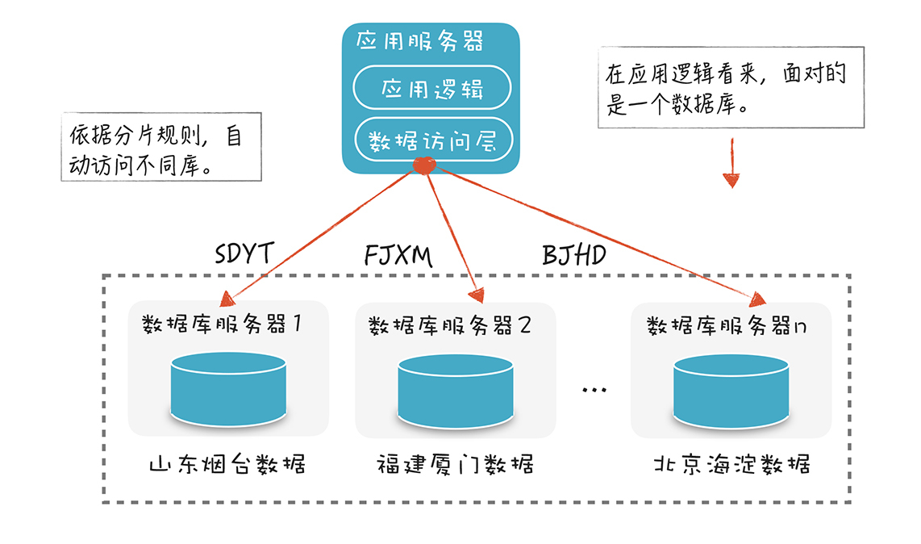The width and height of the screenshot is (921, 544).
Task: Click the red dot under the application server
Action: [424, 166]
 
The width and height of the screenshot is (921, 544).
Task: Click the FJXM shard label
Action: [398, 256]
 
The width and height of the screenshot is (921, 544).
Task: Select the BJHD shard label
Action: [574, 256]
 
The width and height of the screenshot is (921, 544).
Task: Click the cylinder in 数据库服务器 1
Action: [228, 387]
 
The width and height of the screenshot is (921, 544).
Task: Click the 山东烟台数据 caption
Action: [227, 465]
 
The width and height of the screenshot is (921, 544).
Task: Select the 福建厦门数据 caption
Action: [455, 465]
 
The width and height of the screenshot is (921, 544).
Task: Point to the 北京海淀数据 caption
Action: [731, 465]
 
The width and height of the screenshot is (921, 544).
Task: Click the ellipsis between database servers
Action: [594, 391]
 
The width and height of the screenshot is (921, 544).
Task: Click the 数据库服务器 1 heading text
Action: [221, 324]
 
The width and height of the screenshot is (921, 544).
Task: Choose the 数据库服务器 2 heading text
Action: [449, 325]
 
